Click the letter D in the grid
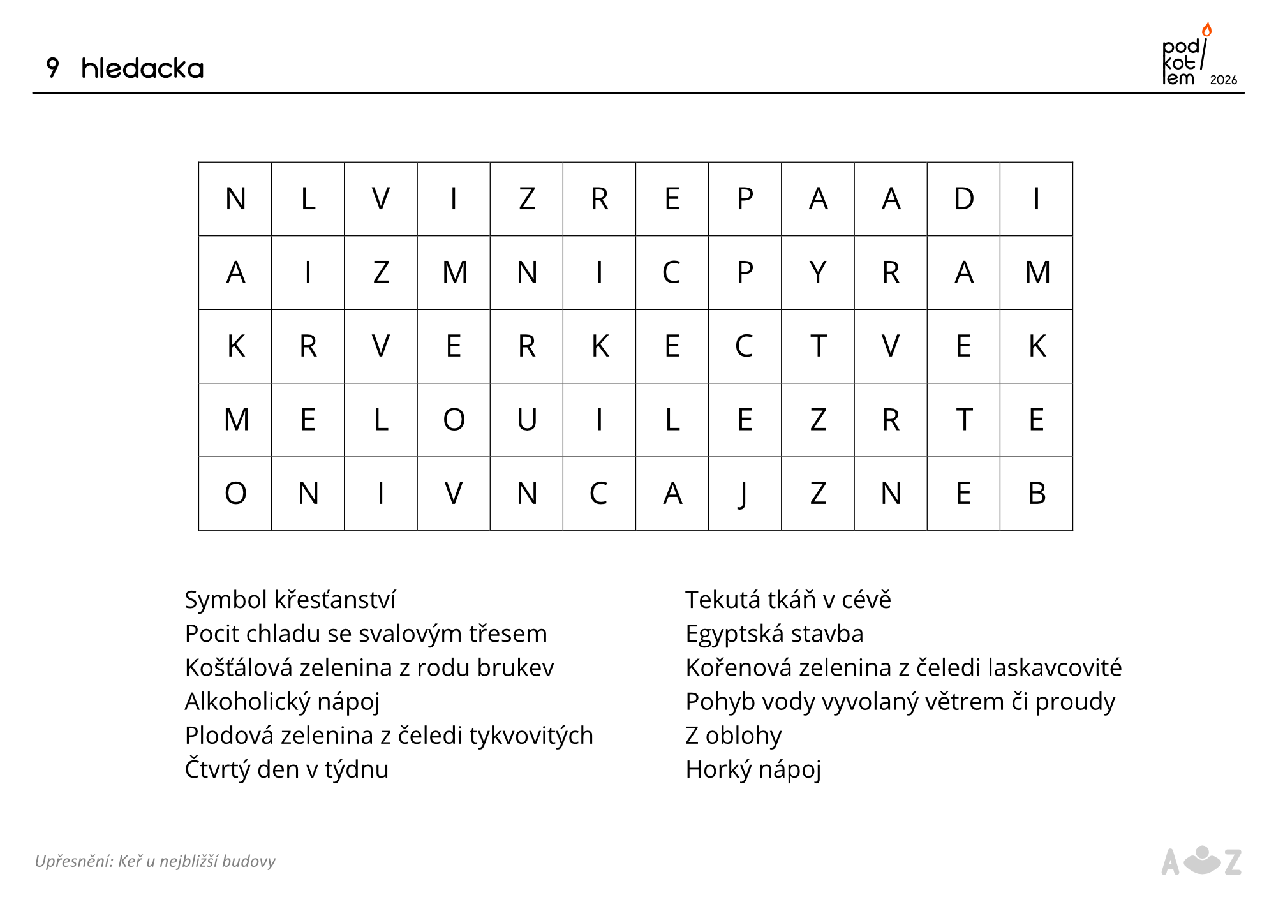coord(963,199)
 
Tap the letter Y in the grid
coord(818,272)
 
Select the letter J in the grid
coord(744,494)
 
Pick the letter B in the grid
coord(1037,493)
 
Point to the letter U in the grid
coord(526,420)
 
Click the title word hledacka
coord(142,68)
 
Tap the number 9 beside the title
coord(53,68)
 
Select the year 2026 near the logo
coord(1223,80)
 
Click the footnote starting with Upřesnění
coord(155,861)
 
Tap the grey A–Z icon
coord(1201,862)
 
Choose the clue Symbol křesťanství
coord(290,600)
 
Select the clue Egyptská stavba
coord(774,633)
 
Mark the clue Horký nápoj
coord(753,769)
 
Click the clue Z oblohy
coord(733,736)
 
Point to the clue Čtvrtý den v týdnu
coord(286,769)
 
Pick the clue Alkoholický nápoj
coord(282,702)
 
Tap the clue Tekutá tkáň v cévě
coord(788,600)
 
